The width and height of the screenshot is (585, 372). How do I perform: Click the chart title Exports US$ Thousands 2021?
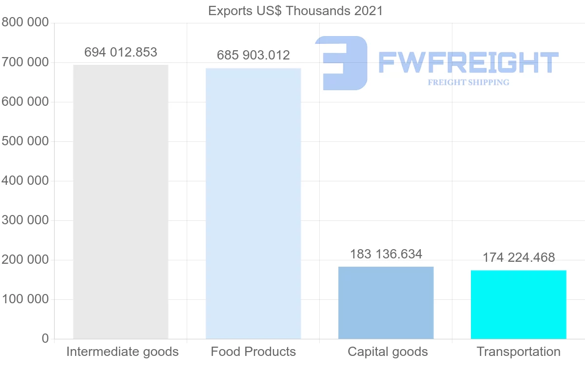(x=295, y=11)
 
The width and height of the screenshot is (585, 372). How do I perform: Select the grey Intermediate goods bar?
(x=120, y=202)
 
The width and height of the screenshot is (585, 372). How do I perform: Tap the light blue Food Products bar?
(x=253, y=203)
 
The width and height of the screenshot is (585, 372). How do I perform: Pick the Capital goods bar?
(x=386, y=303)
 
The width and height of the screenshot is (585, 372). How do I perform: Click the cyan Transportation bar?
(x=518, y=305)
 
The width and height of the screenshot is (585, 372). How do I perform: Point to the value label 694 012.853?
(x=121, y=52)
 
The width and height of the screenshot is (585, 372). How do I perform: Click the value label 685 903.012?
(x=253, y=56)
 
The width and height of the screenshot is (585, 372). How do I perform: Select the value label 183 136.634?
(x=386, y=254)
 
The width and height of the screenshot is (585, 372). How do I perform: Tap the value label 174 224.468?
(x=519, y=257)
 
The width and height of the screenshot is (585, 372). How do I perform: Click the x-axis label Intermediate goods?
(x=122, y=352)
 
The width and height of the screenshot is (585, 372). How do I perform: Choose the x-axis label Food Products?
(x=253, y=352)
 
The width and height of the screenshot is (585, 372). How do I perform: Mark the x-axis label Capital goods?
(x=388, y=352)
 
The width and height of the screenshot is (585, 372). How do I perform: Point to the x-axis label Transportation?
(x=518, y=352)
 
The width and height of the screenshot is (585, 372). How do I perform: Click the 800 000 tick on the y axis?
(x=25, y=23)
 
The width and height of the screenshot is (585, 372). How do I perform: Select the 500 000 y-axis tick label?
(x=25, y=141)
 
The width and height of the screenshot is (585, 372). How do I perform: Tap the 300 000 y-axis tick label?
(x=25, y=220)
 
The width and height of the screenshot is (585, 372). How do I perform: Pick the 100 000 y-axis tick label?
(x=25, y=299)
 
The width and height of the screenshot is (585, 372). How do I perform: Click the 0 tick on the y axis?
(x=45, y=339)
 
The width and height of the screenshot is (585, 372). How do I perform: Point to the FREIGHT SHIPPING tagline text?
(x=468, y=82)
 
